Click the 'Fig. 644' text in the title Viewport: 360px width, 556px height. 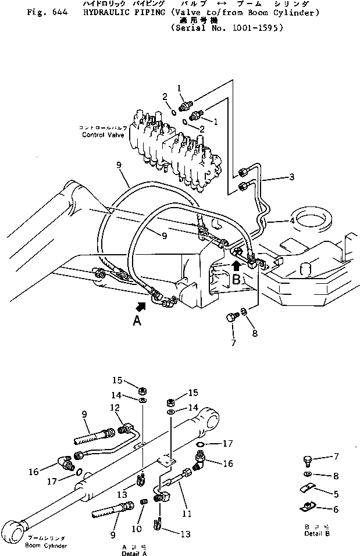44,12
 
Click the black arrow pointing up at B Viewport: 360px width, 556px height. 236,266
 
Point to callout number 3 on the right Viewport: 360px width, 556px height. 291,177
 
